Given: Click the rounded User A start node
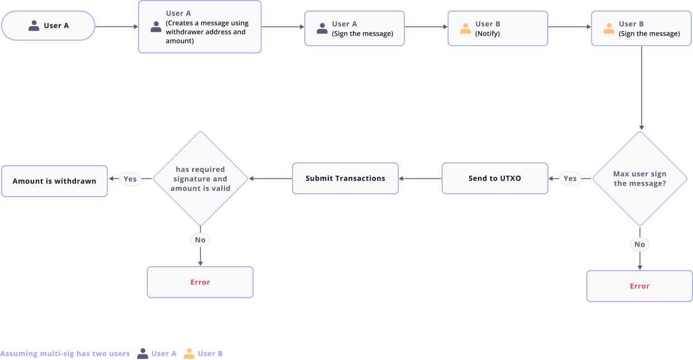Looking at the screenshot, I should tap(48, 26).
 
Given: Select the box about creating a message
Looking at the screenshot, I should tap(199, 27).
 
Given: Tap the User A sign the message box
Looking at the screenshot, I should tap(354, 28).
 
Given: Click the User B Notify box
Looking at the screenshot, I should tap(497, 28).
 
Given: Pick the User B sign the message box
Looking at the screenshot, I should tap(641, 28).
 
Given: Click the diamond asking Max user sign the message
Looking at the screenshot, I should tap(639, 179).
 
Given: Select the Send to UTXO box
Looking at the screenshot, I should tap(494, 179).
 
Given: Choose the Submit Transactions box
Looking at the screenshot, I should tap(345, 179).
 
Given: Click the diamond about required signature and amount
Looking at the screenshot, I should tap(200, 179).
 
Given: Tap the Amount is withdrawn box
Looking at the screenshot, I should tap(54, 181).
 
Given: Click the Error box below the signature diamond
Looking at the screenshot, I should tap(200, 282).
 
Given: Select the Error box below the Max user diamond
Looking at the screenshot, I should tap(639, 286).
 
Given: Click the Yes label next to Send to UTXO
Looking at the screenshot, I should tap(570, 179).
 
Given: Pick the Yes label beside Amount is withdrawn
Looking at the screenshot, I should tap(130, 179).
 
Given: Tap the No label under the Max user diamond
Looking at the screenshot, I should tap(639, 244).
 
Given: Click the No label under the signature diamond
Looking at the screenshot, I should tap(200, 240).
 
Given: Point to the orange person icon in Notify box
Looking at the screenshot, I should tap(465, 28).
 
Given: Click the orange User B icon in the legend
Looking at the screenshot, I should tap(189, 353).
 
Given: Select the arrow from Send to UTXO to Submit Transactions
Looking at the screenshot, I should tap(420, 179).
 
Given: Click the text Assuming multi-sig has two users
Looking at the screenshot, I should tap(65, 353).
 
